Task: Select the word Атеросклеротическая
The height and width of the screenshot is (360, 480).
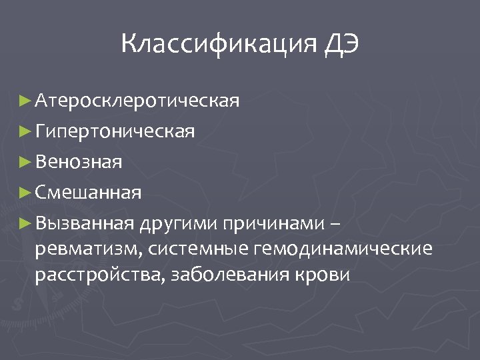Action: (137, 101)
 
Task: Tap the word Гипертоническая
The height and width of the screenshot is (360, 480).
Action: (115, 131)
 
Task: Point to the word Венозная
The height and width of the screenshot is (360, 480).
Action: (79, 161)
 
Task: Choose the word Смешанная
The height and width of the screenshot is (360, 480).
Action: (88, 193)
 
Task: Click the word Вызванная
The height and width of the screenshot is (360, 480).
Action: (85, 223)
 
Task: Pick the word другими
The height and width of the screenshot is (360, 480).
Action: (180, 223)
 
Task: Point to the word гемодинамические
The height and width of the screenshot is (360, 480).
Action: (342, 249)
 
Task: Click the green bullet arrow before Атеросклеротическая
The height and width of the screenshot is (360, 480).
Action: (25, 101)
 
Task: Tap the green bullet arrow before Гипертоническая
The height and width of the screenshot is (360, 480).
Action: (25, 131)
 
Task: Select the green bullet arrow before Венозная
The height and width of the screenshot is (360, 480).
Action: (25, 161)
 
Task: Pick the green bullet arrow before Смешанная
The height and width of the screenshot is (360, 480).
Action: (25, 193)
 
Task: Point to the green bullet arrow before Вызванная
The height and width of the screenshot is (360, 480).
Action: (25, 223)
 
